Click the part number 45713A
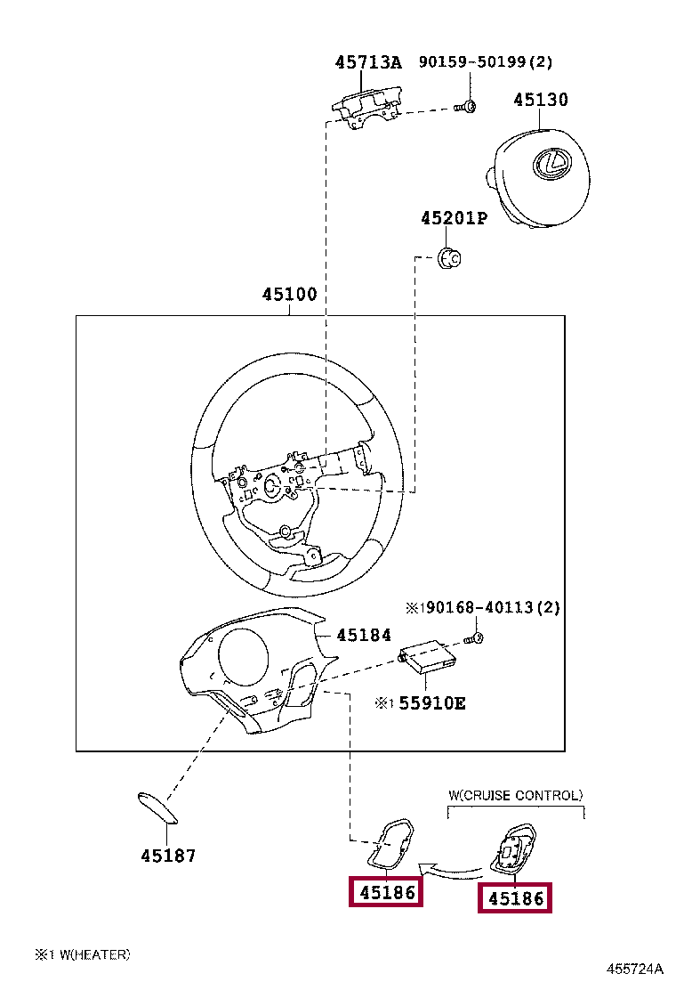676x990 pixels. click(368, 62)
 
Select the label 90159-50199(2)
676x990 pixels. click(486, 62)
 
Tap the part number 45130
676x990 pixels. click(540, 100)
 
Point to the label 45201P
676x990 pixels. click(454, 218)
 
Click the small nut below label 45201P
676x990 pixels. click(449, 258)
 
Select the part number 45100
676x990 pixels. click(289, 294)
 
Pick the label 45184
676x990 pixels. click(363, 635)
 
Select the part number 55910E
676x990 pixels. click(431, 703)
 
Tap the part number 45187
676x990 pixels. click(167, 856)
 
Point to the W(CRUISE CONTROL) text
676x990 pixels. click(516, 795)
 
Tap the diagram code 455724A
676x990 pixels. click(636, 969)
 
